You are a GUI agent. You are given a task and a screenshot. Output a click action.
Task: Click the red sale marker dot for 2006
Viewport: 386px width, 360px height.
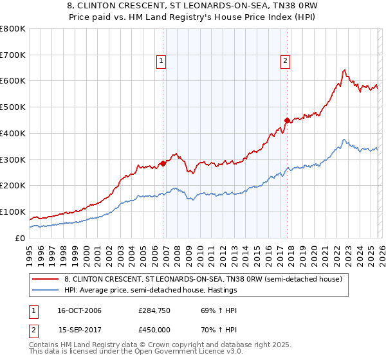pos(163,163)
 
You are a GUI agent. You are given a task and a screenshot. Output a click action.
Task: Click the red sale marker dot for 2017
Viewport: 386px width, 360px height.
pos(287,120)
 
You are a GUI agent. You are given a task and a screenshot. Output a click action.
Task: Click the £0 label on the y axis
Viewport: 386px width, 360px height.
pos(19,238)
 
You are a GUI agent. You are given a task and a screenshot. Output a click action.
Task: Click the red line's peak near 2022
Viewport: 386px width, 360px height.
pos(345,70)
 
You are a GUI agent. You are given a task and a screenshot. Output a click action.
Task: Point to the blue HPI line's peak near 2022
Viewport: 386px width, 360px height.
pos(344,139)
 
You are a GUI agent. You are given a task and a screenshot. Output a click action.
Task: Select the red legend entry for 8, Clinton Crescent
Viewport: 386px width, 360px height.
pos(206,279)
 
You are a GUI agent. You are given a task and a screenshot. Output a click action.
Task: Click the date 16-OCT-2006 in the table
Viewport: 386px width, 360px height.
pos(79,310)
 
